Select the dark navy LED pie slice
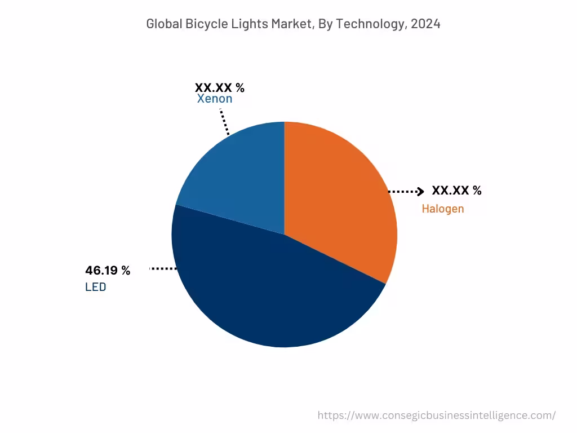[270, 293]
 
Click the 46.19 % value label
[108, 271]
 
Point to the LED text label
[95, 287]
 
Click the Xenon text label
[214, 99]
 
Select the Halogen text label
[443, 209]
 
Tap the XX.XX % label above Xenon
[220, 88]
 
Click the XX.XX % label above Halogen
[456, 191]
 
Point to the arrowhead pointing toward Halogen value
[420, 192]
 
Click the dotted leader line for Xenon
[224, 122]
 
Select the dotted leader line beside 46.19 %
[163, 269]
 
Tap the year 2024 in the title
[425, 24]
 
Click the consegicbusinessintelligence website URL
[436, 416]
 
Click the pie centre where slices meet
[285, 234]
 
